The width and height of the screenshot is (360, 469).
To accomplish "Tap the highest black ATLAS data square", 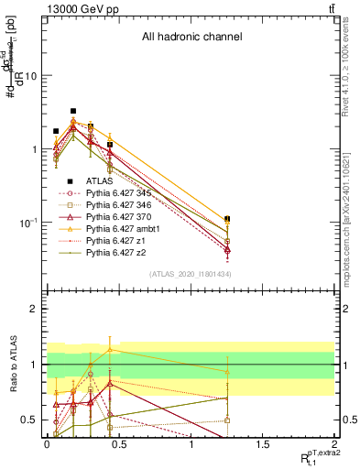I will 73,111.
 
